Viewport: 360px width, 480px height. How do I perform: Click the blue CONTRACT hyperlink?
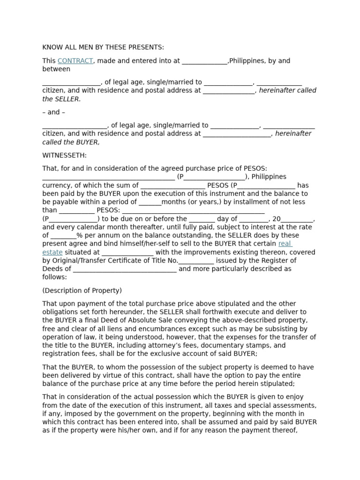coord(75,61)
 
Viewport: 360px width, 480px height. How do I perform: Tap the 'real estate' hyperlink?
coord(285,244)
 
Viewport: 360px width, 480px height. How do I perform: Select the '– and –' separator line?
coord(53,112)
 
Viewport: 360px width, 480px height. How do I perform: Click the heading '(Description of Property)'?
coord(82,291)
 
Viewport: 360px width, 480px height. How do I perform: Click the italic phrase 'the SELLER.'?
coord(61,99)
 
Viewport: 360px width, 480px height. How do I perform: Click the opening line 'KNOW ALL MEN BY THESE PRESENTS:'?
coord(103,47)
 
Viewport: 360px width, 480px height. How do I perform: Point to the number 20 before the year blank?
coord(276,219)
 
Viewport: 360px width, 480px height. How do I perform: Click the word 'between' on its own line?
coord(56,69)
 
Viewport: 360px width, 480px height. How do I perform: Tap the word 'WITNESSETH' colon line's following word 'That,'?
coord(50,168)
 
